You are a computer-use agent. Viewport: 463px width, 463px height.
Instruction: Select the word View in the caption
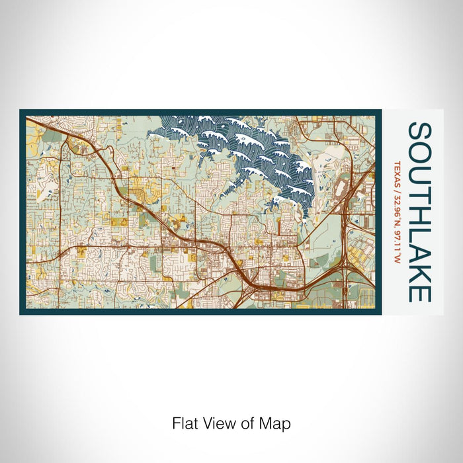(x=219, y=423)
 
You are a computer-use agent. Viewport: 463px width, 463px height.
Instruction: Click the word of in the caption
(x=247, y=423)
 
